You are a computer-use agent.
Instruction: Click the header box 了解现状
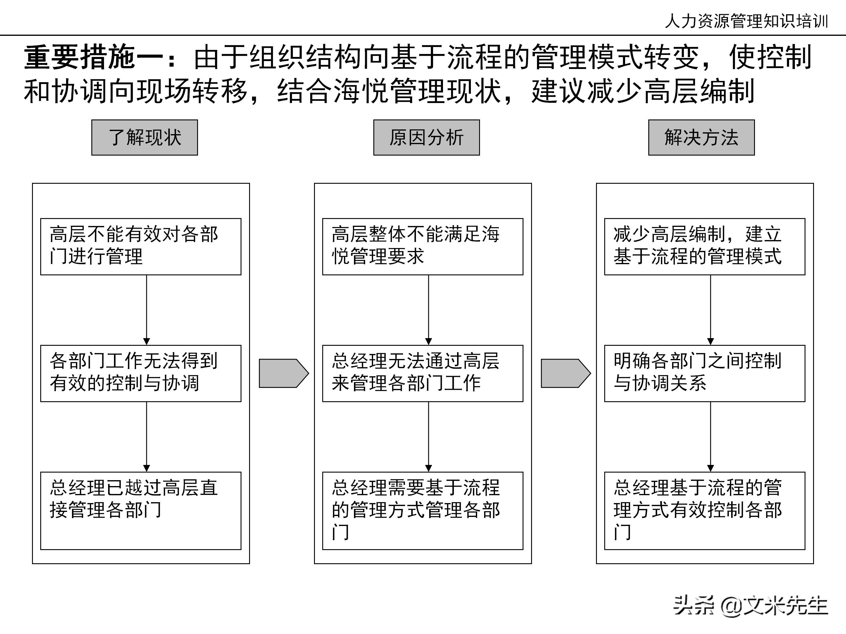145,138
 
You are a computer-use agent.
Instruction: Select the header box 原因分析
427,138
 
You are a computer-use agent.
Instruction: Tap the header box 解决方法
701,138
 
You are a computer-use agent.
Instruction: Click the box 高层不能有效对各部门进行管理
141,247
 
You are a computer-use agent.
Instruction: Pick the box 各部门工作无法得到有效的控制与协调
141,373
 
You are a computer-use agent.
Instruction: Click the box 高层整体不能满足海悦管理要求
423,247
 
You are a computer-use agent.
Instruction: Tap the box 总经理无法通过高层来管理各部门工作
423,373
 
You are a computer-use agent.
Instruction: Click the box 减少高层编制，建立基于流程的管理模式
704,247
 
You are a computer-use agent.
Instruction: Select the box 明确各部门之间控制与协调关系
704,373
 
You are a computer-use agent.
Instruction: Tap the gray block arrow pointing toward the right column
565,373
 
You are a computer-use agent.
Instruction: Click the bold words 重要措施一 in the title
94,57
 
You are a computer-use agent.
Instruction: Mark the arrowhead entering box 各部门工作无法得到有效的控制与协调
147,342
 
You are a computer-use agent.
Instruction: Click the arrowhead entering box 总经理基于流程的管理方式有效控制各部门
711,468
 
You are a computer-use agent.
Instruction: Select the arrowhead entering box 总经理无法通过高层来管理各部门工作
428,342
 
